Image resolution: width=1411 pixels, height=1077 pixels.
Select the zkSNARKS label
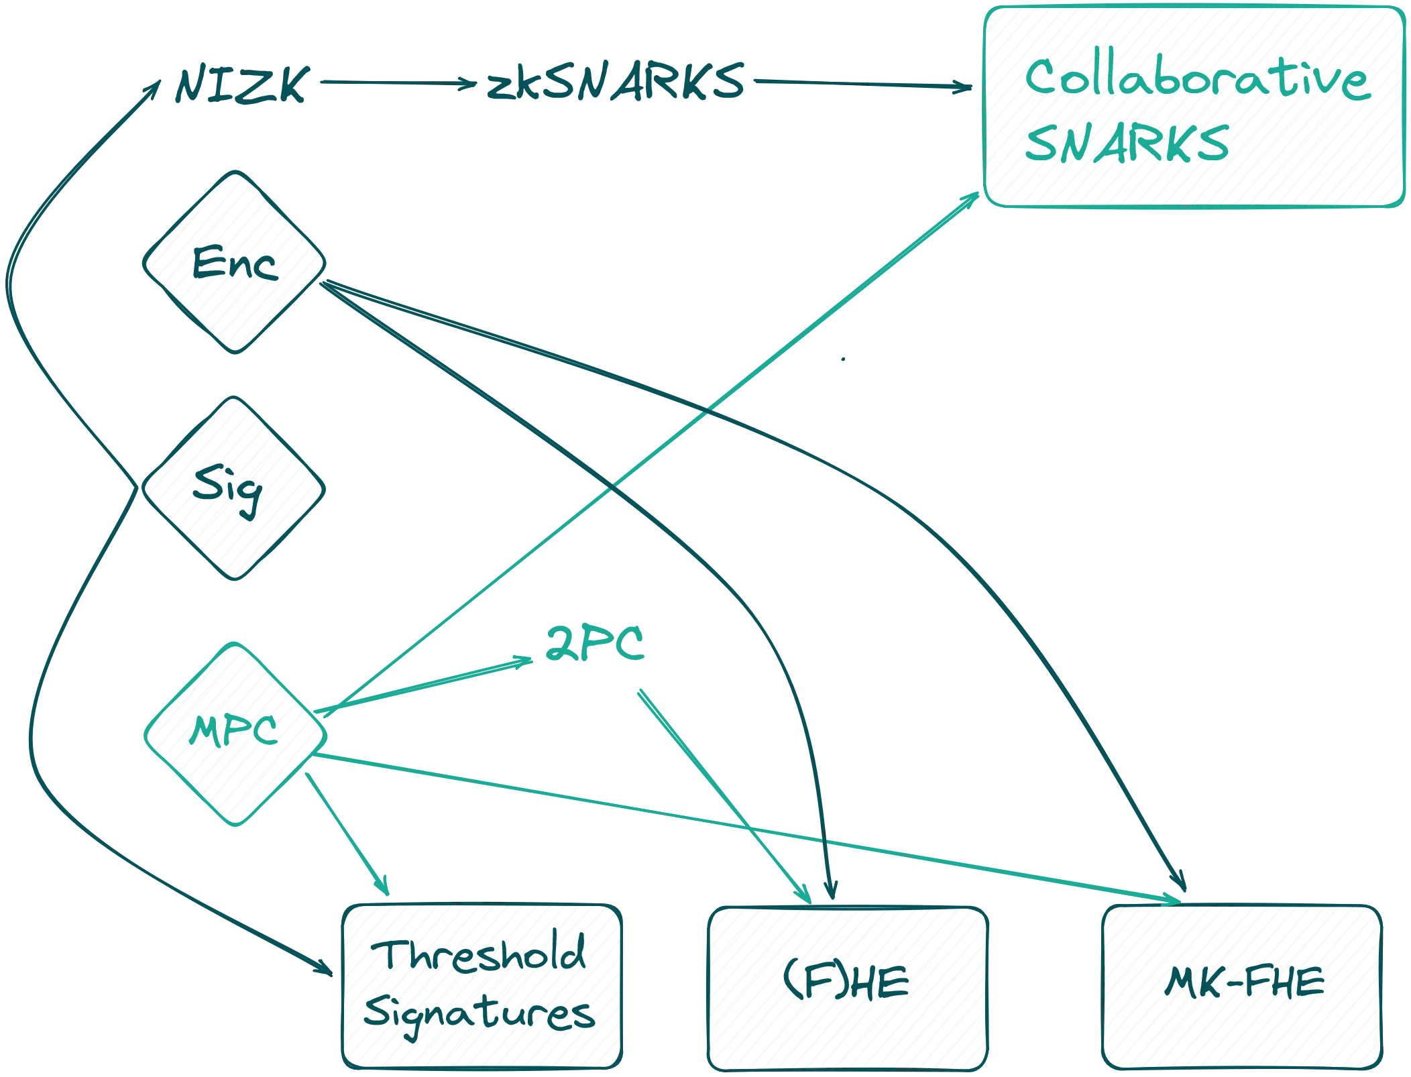click(615, 82)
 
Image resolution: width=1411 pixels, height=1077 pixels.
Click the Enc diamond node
click(233, 262)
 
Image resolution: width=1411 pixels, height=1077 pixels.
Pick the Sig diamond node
click(233, 489)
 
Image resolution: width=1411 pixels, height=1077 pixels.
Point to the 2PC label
click(596, 645)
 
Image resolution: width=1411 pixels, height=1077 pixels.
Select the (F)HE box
click(846, 986)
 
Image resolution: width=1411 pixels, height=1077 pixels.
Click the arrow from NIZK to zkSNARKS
click(396, 82)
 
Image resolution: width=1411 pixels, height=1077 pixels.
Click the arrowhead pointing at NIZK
click(156, 86)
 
